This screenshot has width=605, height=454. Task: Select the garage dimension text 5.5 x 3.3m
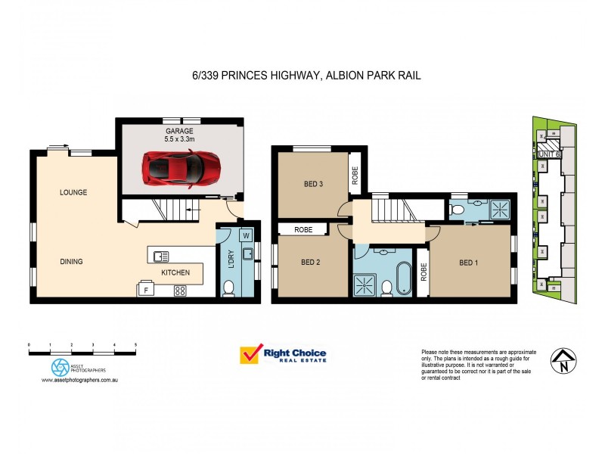[179, 139]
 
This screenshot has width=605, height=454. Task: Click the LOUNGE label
[73, 192]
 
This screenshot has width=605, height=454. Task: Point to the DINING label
[71, 262]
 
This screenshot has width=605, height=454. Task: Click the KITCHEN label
[175, 272]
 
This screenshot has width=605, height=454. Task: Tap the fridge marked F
[145, 289]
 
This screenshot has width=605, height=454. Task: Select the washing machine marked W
[247, 235]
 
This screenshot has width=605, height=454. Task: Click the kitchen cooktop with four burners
[181, 289]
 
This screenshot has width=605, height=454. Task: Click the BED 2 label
[311, 263]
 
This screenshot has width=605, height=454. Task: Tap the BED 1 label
[470, 263]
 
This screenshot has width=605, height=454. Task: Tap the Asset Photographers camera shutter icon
[60, 368]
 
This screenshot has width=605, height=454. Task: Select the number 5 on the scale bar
[135, 344]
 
